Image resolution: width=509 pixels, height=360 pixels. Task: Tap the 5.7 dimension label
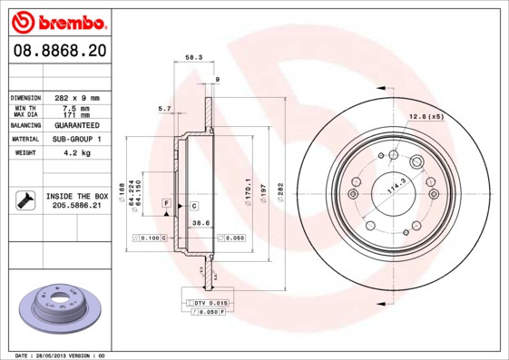[x=164, y=109]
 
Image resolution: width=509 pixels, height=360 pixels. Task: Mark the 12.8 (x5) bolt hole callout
[x=425, y=117]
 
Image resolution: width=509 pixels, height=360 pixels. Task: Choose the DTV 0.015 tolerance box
[x=206, y=302]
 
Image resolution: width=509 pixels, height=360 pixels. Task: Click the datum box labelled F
[x=166, y=200]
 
